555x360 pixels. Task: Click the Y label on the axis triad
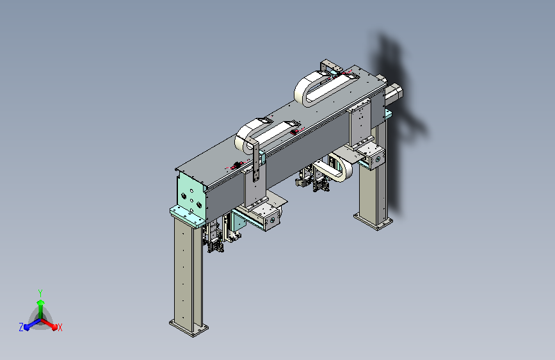pos(40,293)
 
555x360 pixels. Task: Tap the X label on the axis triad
pos(60,327)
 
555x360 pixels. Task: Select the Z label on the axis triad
pos(21,327)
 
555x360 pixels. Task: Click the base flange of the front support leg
pos(188,328)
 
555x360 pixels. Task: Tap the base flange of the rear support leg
pos(373,221)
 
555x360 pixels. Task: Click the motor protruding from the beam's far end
pos(393,93)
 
